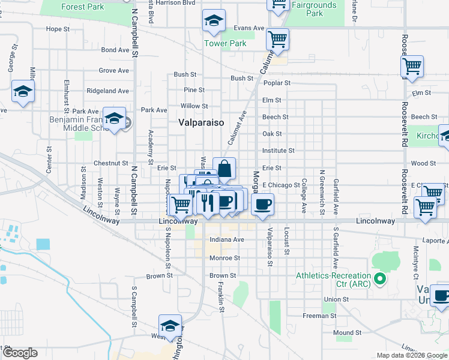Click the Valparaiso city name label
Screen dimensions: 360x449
pos(201,122)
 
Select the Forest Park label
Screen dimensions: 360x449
pos(82,7)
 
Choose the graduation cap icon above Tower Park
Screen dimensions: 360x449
pos(214,22)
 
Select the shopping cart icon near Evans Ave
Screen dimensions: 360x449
pos(277,40)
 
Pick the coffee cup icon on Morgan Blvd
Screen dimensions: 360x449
pos(262,205)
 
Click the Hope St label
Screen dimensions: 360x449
pos(58,29)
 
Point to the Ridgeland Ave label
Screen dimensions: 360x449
pos(108,91)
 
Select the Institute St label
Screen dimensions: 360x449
pos(279,151)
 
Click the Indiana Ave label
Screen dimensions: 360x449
pos(227,239)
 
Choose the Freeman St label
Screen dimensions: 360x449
pos(316,316)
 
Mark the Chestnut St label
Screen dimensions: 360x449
pos(111,163)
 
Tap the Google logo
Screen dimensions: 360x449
pos(19,353)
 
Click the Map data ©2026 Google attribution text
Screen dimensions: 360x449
pos(412,355)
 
